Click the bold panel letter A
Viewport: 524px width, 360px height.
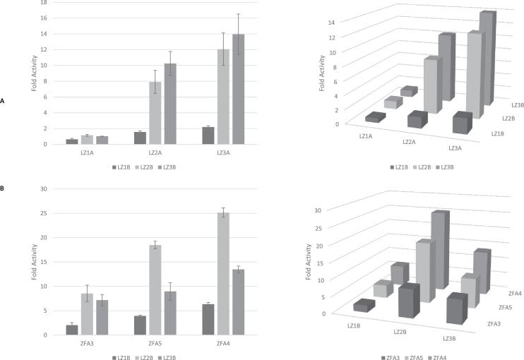[3, 102]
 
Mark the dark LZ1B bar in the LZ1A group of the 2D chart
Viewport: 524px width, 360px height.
[71, 141]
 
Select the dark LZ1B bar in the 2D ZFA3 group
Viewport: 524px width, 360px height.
[71, 329]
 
